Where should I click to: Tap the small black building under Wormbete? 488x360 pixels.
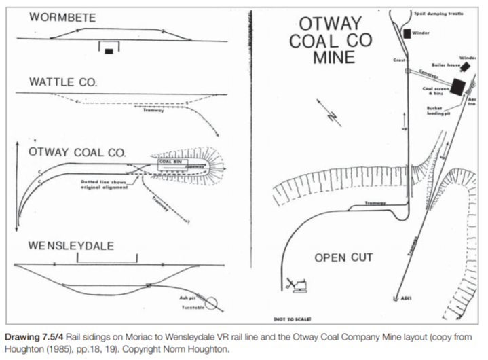tap(109, 51)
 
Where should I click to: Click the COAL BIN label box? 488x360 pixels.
tap(169, 162)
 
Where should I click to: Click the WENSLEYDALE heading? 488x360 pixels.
tap(71, 245)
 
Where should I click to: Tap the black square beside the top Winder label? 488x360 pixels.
tap(406, 33)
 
